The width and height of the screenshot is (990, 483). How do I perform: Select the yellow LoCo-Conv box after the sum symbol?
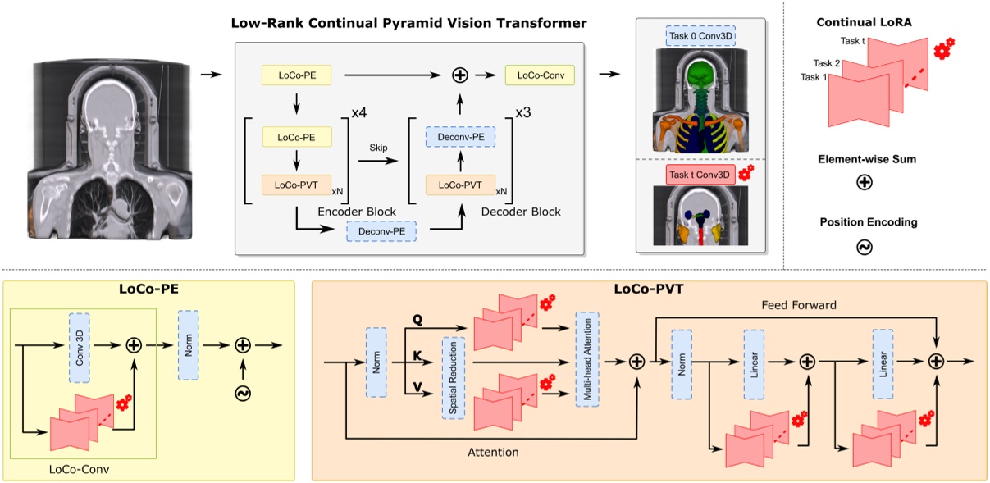click(539, 75)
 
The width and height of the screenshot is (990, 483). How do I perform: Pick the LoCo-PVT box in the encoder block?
click(295, 185)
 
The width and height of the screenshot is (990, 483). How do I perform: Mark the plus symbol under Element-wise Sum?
click(863, 183)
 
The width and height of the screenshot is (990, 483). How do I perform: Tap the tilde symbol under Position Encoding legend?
click(863, 245)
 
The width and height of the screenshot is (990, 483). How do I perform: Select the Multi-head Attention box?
click(587, 358)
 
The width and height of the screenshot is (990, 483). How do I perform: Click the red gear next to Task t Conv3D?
click(746, 172)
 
